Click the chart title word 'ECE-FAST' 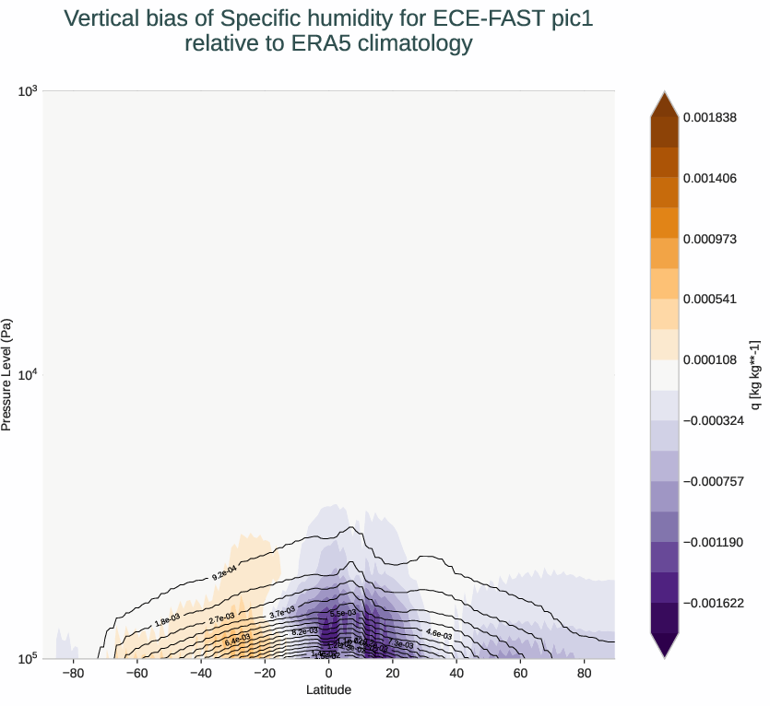pyautogui.click(x=470, y=18)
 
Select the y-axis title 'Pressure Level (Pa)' pyautogui.click(x=7, y=374)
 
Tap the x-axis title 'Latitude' pyautogui.click(x=329, y=689)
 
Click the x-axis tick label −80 pyautogui.click(x=73, y=675)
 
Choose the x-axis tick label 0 pyautogui.click(x=329, y=675)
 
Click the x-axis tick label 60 pyautogui.click(x=520, y=675)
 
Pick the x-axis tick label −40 pyautogui.click(x=200, y=675)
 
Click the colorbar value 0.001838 pyautogui.click(x=710, y=117)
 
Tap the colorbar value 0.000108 pyautogui.click(x=710, y=360)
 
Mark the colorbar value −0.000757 pyautogui.click(x=713, y=481)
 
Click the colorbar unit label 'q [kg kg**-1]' pyautogui.click(x=754, y=374)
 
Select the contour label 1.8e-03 pyautogui.click(x=167, y=621)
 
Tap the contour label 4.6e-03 pyautogui.click(x=439, y=633)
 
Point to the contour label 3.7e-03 pyautogui.click(x=281, y=612)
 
